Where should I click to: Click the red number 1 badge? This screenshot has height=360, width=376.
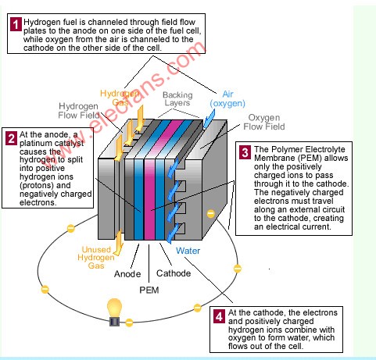coord(16,24)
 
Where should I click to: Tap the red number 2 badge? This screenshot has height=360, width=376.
coord(11,138)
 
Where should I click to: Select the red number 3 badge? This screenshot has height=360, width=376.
coord(245,152)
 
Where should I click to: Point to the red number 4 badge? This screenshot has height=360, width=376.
coord(219,316)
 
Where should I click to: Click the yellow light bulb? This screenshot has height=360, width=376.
coord(115,312)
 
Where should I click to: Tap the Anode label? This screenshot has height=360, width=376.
coord(127,274)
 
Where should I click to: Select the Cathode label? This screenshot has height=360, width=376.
coord(174,273)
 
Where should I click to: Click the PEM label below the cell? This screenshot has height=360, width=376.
coord(149,290)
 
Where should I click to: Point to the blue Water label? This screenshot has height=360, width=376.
coord(188,251)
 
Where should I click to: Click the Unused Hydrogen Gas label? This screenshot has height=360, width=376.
coord(96,258)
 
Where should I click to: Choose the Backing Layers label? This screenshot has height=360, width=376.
coord(177,99)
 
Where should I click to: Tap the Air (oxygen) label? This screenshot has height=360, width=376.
coord(227,99)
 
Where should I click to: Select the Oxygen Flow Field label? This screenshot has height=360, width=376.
coord(264,122)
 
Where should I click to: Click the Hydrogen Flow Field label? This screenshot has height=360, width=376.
coord(79,111)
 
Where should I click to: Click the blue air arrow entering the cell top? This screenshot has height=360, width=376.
coord(209,119)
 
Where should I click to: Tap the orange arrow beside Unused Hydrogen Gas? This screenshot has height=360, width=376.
coord(119,243)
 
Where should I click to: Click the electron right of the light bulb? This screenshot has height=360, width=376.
coord(129,323)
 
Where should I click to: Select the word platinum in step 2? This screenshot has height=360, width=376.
coord(35,144)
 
